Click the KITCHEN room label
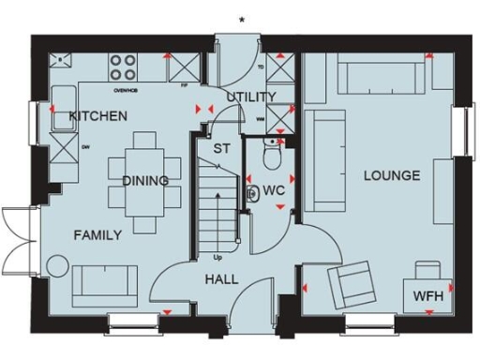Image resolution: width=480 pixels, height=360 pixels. (x=97, y=117)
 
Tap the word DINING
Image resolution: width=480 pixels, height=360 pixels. (x=145, y=181)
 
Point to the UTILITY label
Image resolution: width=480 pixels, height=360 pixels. (x=250, y=97)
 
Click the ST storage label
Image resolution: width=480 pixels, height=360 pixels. (x=221, y=148)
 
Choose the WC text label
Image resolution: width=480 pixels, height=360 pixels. (x=274, y=190)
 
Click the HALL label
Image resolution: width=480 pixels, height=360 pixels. (x=220, y=279)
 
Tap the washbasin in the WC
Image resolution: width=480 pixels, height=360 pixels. (x=253, y=194)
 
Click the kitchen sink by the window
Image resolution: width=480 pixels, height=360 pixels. (x=64, y=98)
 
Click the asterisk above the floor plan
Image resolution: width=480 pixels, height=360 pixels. (x=242, y=19)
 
